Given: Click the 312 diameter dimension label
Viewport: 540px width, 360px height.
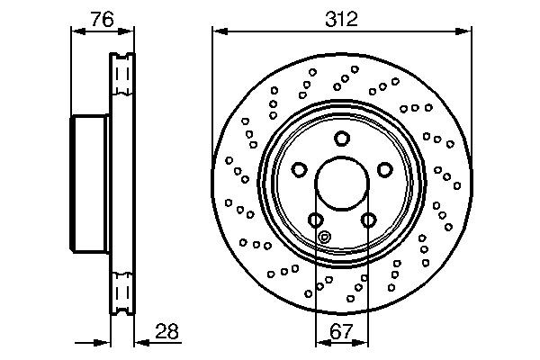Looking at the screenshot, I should click(x=342, y=17).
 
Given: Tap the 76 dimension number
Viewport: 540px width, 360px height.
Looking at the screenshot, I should click(x=102, y=17).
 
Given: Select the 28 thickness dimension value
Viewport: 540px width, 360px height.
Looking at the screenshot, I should click(x=165, y=330).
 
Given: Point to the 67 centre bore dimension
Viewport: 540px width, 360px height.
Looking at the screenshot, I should click(x=341, y=330).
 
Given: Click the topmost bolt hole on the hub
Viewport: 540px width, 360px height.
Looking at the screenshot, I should click(x=341, y=138).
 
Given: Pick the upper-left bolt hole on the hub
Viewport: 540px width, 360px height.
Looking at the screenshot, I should click(x=299, y=169).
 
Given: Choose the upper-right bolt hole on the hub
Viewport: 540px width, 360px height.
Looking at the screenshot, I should click(x=384, y=169).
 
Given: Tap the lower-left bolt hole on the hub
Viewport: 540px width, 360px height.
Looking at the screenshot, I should click(x=315, y=219).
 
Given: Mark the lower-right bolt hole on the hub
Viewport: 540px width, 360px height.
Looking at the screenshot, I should click(x=368, y=219).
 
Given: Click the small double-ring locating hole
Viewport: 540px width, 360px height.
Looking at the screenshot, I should click(x=326, y=238).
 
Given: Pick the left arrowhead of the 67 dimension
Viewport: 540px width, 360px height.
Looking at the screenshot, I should click(x=320, y=342).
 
